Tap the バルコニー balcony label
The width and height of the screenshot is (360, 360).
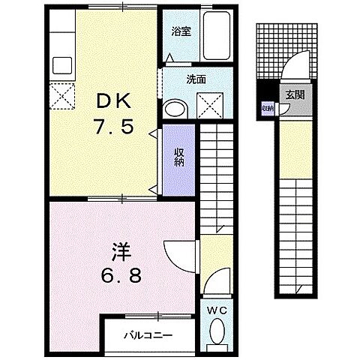[149, 336]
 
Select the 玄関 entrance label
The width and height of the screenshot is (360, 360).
[293, 94]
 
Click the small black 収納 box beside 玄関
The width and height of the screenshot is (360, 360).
[266, 108]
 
